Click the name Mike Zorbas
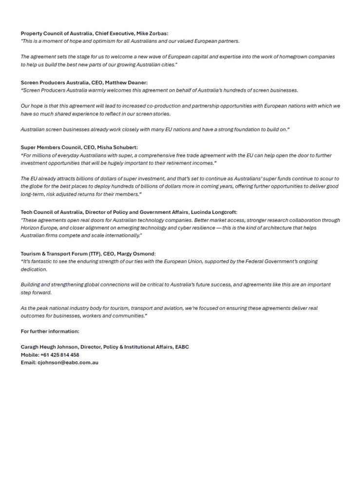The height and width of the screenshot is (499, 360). (x=153, y=33)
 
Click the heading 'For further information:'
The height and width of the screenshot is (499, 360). (x=50, y=331)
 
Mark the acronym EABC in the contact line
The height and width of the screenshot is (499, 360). (x=181, y=347)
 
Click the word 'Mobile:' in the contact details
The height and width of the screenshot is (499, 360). (x=29, y=355)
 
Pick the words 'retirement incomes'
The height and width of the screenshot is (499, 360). (x=192, y=163)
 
